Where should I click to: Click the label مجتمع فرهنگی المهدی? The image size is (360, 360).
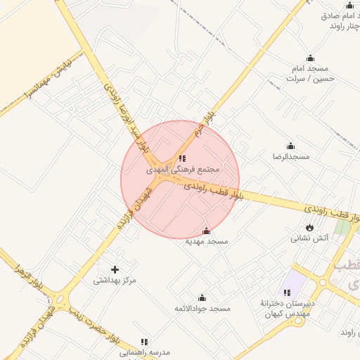tap(184, 169)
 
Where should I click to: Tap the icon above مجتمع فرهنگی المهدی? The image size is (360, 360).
tap(182, 158)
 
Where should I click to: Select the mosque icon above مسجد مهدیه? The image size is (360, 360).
tap(206, 231)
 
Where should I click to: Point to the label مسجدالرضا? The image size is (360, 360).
tap(291, 155)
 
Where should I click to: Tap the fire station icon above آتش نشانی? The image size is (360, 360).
tap(309, 227)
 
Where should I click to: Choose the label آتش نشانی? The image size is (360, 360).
tap(310, 238)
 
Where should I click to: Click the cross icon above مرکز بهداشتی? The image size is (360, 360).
tap(115, 269)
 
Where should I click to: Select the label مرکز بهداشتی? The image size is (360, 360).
tap(114, 281)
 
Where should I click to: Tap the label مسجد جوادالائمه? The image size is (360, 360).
tap(202, 309)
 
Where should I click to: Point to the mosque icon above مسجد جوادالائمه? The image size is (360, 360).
tap(202, 297)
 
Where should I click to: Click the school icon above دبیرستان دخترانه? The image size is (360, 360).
tap(286, 292)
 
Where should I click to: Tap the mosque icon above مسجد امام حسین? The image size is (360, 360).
tap(310, 58)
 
